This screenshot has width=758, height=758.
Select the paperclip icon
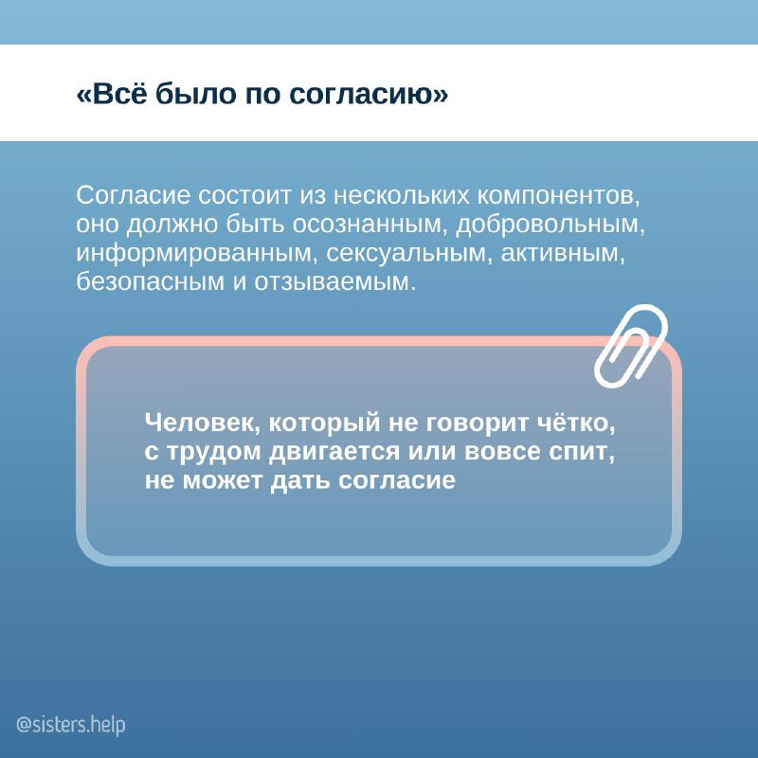click(x=631, y=346)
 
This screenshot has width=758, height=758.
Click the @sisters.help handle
click(x=70, y=725)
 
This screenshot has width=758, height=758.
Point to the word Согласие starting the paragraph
click(x=133, y=195)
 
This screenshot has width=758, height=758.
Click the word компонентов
click(x=558, y=196)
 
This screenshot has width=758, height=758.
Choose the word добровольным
click(x=550, y=225)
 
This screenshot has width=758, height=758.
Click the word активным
click(x=563, y=254)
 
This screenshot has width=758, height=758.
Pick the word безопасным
click(x=150, y=281)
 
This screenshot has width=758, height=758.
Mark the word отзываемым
click(x=335, y=282)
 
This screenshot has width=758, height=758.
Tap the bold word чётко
click(x=576, y=423)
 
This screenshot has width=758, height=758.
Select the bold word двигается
click(x=334, y=453)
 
